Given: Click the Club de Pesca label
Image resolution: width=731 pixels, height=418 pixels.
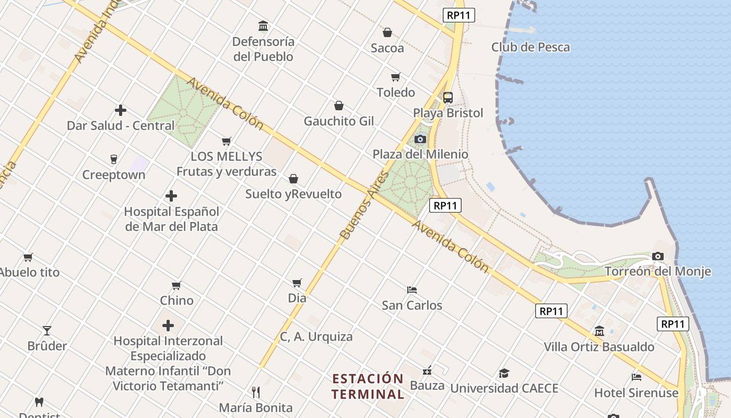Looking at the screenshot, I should coord(530,47).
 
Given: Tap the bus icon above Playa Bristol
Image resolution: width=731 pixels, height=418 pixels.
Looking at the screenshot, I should coord(448,98).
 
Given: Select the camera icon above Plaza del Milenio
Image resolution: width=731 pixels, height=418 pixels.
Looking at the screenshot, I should coord(420,140).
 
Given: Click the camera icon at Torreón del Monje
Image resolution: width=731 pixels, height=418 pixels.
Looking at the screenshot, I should coord(658,257).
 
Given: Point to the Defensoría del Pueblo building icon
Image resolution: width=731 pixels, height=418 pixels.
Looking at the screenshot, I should coord(263,26).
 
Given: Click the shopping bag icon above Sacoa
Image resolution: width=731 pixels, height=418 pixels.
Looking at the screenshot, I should coord(387,33).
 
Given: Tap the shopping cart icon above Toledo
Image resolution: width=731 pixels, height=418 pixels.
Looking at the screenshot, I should coord(396,77).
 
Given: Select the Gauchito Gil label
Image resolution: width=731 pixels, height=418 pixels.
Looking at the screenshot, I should coord(339,121).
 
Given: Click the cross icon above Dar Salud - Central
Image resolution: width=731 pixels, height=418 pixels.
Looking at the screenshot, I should coord(121,110).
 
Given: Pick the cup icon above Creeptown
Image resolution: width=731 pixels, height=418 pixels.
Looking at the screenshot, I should coord(114,159).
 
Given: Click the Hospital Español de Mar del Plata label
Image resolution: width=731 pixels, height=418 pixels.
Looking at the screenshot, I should coord(171,219).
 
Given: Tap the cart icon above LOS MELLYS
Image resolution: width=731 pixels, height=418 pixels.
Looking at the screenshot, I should coord(227,141).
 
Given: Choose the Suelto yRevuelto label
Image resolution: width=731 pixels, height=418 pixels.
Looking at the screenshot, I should coord(293,194).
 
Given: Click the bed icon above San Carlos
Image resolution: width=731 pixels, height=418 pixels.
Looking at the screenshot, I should coord(412,289).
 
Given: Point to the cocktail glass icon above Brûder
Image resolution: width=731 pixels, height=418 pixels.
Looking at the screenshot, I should coord(47,330).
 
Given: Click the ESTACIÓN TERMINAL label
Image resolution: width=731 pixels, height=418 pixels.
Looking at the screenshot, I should coord(368,386).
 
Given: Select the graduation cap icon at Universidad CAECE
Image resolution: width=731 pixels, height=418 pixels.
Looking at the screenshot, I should coord(504,373).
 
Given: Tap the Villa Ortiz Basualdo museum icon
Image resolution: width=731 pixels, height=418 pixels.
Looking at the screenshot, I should coord(599,331).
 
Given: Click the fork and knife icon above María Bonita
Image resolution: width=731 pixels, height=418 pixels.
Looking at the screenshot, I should coord(256,392).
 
